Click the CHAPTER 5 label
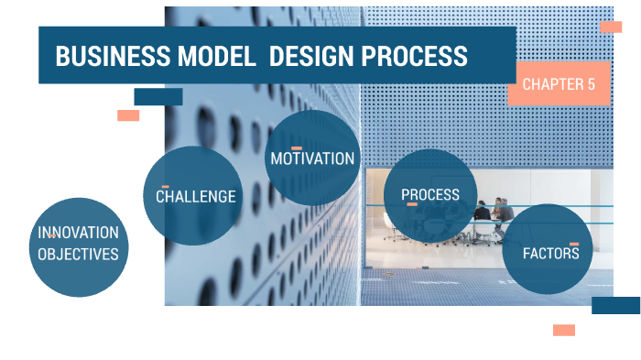[x=559, y=84]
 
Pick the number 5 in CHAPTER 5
[x=592, y=84]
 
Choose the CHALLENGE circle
[x=194, y=196]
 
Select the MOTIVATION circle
[x=312, y=158]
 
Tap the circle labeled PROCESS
[x=430, y=195]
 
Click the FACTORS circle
[x=549, y=252]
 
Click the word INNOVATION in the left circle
[x=78, y=233]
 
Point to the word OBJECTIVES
[x=78, y=254]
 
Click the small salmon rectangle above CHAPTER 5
[x=611, y=27]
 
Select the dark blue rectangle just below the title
[x=158, y=96]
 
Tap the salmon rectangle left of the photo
[x=128, y=115]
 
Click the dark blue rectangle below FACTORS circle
[x=615, y=305]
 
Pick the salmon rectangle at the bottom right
[x=564, y=330]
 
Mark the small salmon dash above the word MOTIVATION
[x=297, y=147]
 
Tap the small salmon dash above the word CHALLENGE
[x=166, y=187]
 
